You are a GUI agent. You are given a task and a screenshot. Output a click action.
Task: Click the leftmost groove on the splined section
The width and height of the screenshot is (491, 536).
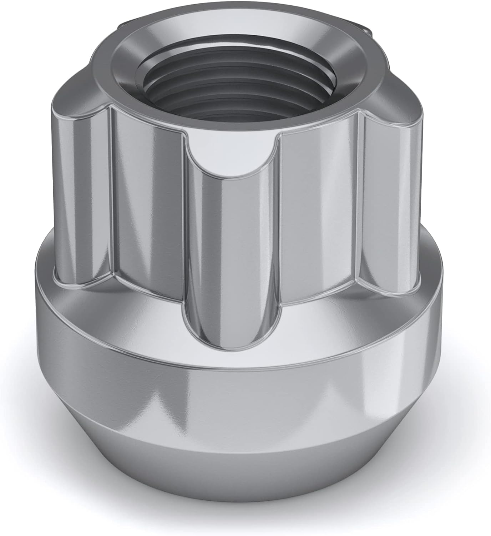82,200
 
